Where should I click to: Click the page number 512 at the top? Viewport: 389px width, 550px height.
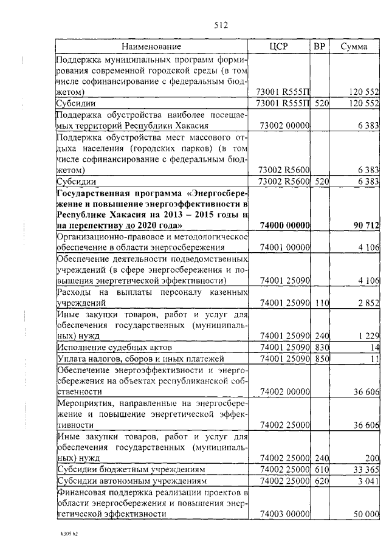pyautogui.click(x=220, y=25)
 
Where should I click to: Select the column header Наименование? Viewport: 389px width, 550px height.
pyautogui.click(x=151, y=47)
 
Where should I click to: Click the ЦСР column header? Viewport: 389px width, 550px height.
pyautogui.click(x=281, y=47)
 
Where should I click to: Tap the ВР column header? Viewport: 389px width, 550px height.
pyautogui.click(x=320, y=47)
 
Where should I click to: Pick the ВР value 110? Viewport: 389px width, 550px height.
pyautogui.click(x=321, y=303)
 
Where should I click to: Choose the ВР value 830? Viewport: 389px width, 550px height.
pyautogui.click(x=321, y=346)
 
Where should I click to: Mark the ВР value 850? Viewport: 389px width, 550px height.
pyautogui.click(x=321, y=359)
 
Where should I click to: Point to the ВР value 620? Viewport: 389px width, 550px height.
pyautogui.click(x=321, y=481)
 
